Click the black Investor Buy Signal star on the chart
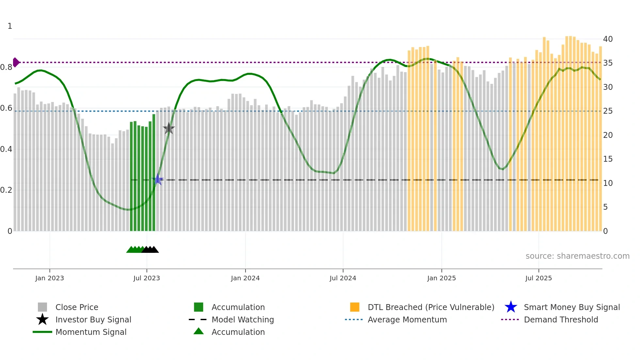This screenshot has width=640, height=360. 169,129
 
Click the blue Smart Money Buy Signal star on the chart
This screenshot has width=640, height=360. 158,180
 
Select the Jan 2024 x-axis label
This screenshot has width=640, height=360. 245,278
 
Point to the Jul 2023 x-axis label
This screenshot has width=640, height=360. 147,278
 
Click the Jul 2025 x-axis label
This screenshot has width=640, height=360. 538,278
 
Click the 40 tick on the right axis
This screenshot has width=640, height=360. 608,39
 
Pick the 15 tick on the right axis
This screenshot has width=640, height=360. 608,159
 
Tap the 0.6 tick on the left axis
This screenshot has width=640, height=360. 6,108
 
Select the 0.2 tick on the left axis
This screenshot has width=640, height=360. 6,190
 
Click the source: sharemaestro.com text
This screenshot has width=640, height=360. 577,256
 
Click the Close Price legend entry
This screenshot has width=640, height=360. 77,307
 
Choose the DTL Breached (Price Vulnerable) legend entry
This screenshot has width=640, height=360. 431,307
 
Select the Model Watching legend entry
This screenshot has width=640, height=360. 243,319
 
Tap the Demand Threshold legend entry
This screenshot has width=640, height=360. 561,319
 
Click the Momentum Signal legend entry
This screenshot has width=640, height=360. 91,332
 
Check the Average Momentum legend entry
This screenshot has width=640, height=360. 407,319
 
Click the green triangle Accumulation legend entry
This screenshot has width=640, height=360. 238,332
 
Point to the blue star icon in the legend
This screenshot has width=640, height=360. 511,307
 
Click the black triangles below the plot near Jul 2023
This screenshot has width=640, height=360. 150,250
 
